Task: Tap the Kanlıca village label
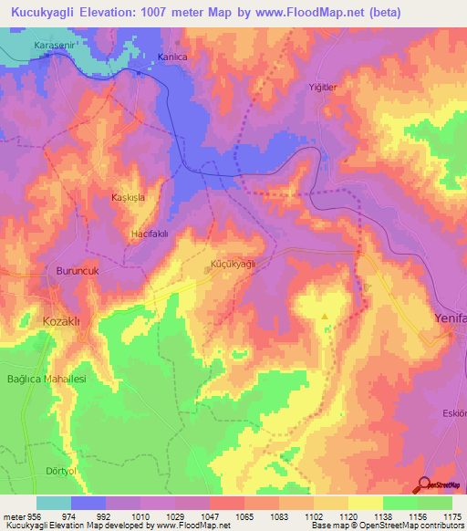tap(172, 57)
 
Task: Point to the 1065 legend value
tap(244, 515)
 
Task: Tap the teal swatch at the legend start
tap(54, 503)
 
